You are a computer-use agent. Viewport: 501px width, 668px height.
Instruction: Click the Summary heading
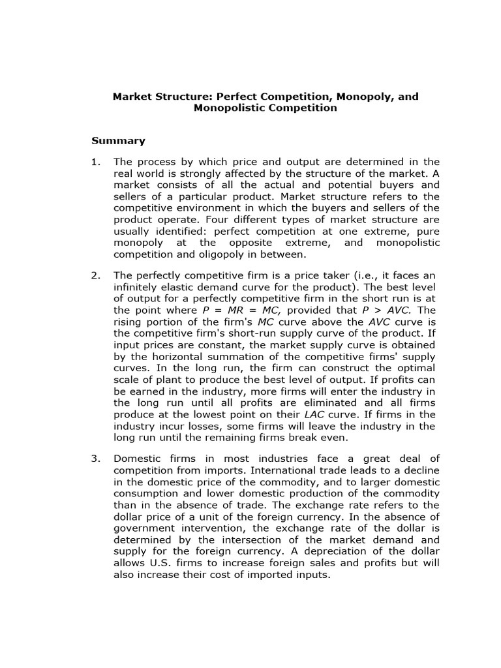pos(117,141)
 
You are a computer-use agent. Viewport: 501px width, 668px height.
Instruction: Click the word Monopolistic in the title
pos(226,108)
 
